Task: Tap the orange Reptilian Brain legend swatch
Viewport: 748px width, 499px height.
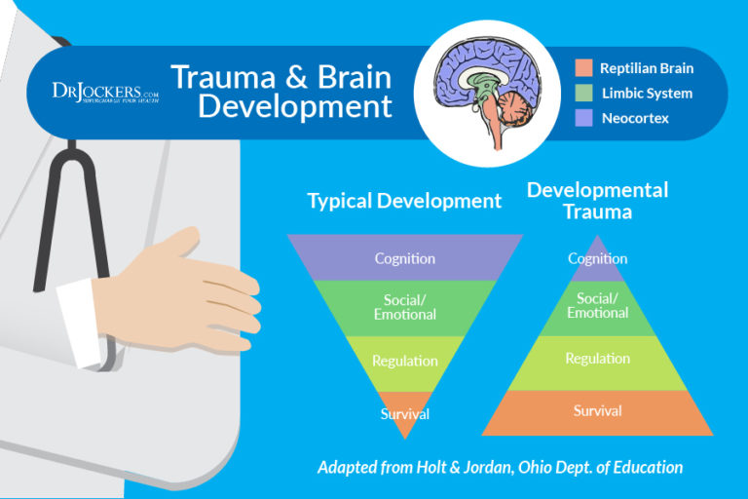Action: coord(584,69)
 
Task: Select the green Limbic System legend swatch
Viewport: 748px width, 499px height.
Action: coord(584,94)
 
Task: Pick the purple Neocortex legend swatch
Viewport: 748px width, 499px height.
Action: coord(584,118)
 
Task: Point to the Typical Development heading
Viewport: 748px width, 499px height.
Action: coord(404,202)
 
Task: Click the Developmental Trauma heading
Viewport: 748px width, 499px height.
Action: coord(597,199)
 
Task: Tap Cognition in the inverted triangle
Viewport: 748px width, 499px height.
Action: coord(405,258)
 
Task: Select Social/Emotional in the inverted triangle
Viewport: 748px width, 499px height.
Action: coord(405,308)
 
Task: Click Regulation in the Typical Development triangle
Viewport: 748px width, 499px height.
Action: coord(405,362)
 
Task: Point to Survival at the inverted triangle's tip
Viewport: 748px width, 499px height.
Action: coord(405,414)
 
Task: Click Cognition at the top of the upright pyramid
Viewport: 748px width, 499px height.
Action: coord(598,259)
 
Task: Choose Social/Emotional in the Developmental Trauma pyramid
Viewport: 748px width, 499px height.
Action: coord(598,306)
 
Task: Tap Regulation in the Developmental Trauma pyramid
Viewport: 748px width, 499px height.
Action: coord(598,359)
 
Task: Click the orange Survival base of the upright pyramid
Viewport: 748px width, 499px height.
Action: coord(598,411)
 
